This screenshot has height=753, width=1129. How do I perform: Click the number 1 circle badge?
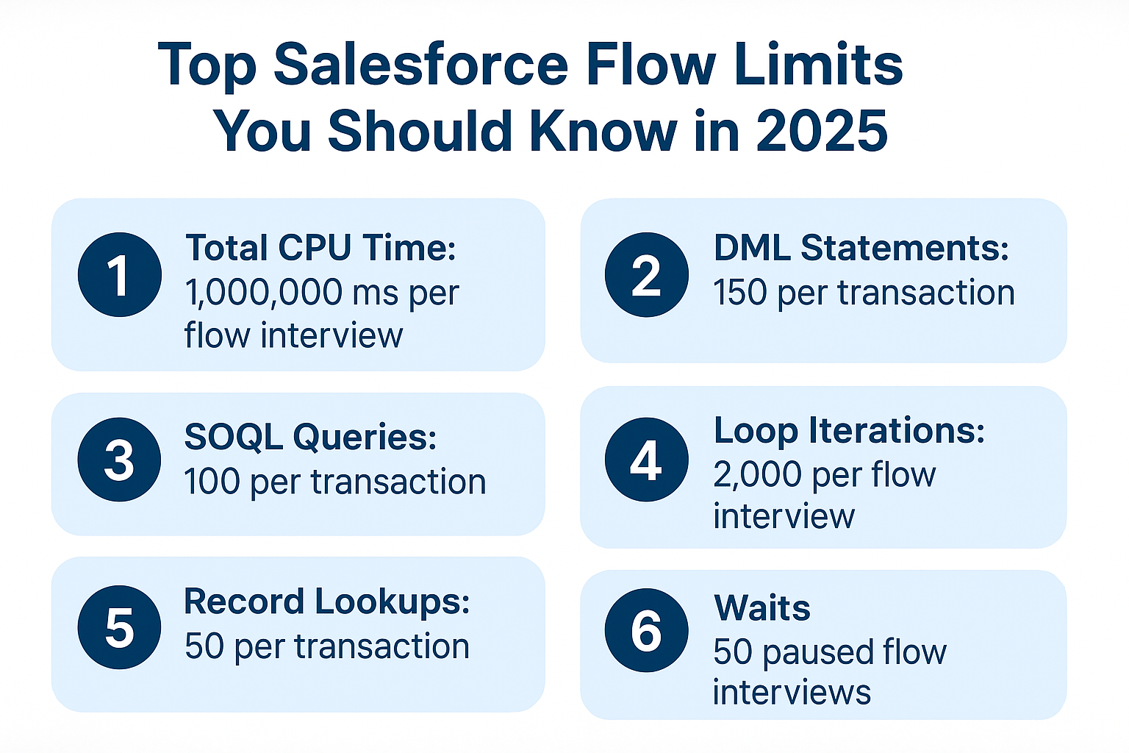click(119, 275)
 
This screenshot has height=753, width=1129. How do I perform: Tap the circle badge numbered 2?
click(646, 275)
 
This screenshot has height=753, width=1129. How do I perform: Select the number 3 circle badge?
click(119, 460)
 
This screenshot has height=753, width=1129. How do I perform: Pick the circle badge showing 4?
click(646, 460)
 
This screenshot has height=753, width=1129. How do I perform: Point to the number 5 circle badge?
click(119, 627)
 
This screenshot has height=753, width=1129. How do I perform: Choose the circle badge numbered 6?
click(646, 630)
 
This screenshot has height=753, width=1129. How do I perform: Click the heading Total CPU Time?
click(320, 248)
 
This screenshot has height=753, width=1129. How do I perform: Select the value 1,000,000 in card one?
click(262, 293)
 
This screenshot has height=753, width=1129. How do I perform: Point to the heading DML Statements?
click(861, 248)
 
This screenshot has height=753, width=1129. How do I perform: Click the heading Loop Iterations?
click(849, 430)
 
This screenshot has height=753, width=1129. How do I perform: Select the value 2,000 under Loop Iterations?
click(759, 475)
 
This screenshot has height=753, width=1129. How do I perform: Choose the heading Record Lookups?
click(326, 602)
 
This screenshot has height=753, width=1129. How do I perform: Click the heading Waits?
click(762, 608)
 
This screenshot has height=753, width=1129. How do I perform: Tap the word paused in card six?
click(807, 652)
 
